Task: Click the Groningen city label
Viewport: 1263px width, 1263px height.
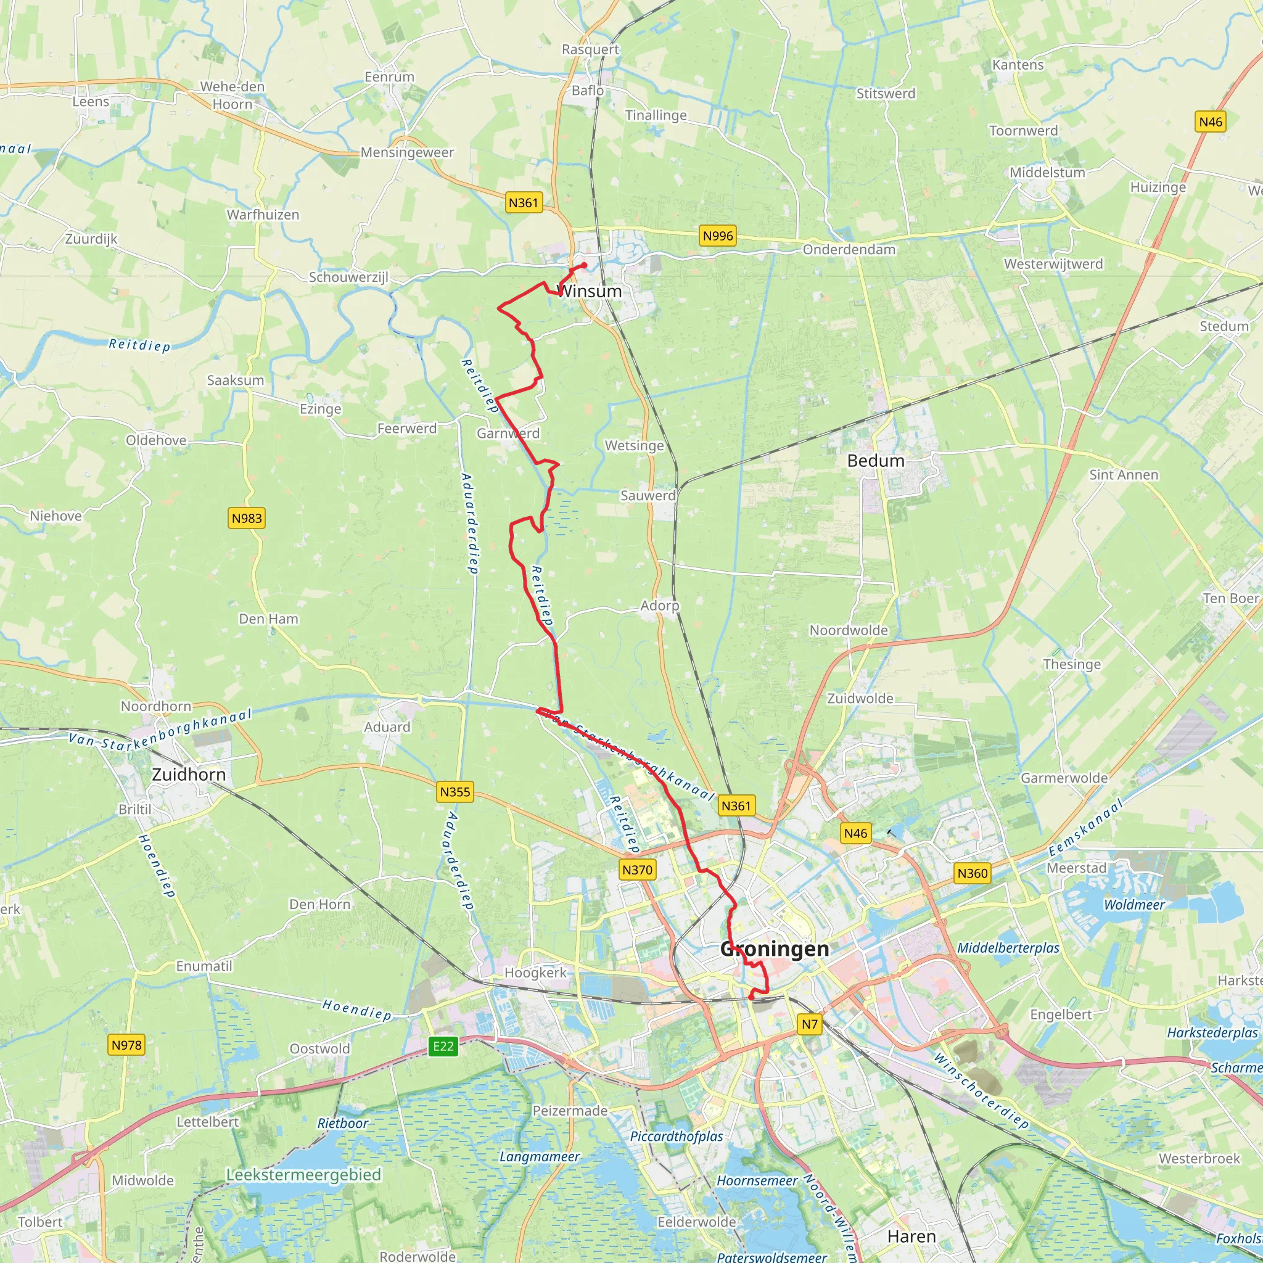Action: (775, 948)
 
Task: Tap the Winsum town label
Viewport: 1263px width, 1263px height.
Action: (590, 292)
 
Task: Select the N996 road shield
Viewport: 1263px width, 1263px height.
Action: (718, 236)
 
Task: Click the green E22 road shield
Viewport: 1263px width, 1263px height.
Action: (443, 1046)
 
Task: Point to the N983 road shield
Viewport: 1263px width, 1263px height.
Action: (247, 519)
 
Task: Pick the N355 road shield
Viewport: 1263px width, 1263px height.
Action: (455, 792)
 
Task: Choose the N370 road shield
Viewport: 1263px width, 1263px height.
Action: (638, 870)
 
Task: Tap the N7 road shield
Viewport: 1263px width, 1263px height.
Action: (810, 1024)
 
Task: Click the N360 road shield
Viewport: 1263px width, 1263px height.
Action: (973, 873)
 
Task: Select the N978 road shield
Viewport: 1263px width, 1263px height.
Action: (127, 1045)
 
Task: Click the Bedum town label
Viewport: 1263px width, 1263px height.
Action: (876, 461)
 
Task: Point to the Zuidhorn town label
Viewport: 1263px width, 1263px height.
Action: (189, 775)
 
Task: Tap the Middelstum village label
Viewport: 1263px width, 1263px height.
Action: (1047, 173)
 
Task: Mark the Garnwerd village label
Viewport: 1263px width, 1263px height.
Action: (508, 434)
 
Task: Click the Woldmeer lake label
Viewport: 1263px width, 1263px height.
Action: (1134, 905)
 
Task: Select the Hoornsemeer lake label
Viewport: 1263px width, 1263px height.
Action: (757, 1180)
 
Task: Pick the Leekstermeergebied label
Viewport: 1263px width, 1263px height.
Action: (303, 1175)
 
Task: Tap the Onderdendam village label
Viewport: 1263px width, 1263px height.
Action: (849, 250)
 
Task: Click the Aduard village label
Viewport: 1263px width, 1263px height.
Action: (388, 727)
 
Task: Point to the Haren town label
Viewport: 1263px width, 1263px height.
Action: (912, 1237)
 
